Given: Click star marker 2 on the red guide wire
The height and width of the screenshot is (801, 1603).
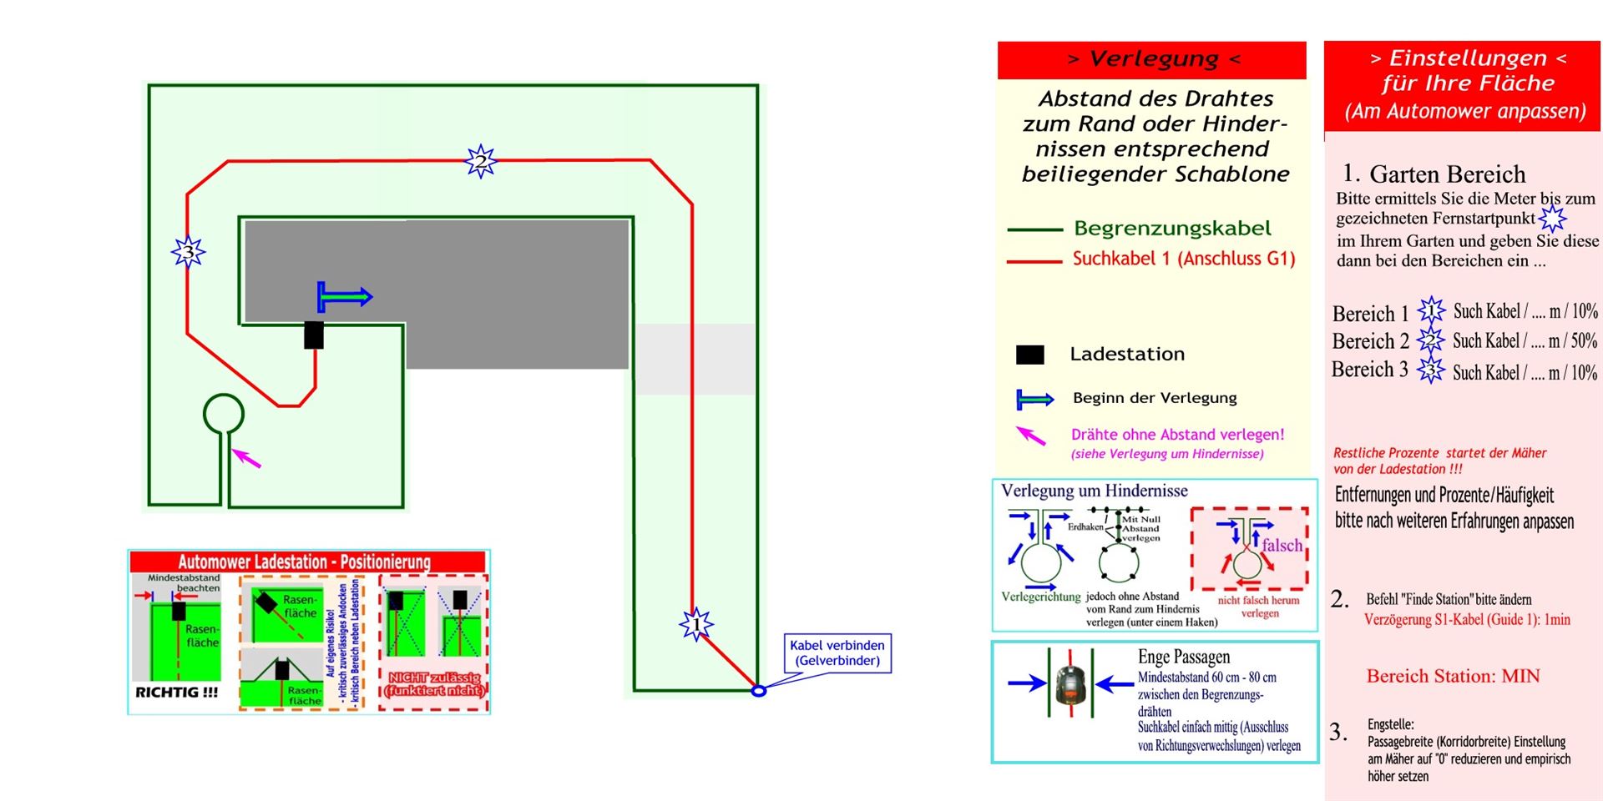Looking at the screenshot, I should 481,161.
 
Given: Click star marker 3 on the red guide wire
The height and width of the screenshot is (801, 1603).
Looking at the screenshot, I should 189,251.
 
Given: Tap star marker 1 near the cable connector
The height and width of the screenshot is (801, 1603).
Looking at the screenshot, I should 695,624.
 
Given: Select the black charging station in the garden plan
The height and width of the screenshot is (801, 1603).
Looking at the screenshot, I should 314,335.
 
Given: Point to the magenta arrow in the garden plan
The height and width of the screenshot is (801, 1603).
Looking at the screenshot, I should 246,457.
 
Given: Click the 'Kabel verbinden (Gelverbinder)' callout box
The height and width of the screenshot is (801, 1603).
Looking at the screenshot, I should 837,653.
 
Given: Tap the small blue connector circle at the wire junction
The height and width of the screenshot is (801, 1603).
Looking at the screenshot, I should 758,691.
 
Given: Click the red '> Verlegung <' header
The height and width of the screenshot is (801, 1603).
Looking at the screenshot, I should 1152,59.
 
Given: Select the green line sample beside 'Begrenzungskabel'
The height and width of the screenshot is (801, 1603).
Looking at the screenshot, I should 1034,229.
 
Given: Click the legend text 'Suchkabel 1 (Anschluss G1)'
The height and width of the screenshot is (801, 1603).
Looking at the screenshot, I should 1184,259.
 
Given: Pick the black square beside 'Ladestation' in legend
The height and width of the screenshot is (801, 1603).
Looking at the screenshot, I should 1029,355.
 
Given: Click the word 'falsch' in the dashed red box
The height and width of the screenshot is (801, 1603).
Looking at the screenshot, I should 1282,546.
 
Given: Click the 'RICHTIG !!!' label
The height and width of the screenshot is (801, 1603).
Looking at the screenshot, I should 176,693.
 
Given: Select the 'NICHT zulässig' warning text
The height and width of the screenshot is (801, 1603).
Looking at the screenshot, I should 434,683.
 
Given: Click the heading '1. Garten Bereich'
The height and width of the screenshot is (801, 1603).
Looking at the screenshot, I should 1434,174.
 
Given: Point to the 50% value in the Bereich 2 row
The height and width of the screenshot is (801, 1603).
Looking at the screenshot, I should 1583,340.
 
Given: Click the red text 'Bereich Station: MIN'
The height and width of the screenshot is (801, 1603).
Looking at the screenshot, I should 1453,676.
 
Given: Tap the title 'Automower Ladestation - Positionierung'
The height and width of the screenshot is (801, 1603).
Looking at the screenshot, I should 304,562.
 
